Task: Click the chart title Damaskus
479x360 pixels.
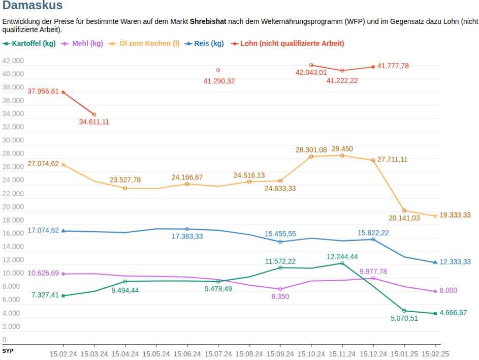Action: tap(33, 6)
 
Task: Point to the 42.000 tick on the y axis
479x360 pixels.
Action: tap(13, 61)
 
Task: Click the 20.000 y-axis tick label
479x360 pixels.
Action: tap(13, 207)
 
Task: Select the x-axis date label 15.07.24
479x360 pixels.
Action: tap(218, 354)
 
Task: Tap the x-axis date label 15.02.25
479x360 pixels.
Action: tap(435, 354)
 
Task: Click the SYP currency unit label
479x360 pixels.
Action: tap(8, 351)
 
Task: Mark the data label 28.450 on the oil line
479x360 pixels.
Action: tap(342, 149)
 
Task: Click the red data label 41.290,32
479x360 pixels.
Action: tap(219, 81)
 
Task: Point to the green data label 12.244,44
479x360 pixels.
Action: tap(342, 257)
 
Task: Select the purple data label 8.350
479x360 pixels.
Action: tap(280, 296)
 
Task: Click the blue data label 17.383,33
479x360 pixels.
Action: tap(187, 237)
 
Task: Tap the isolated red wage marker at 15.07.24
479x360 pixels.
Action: tap(218, 70)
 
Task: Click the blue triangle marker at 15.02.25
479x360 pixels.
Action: tap(435, 262)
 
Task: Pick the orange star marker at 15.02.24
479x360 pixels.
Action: tap(63, 164)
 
